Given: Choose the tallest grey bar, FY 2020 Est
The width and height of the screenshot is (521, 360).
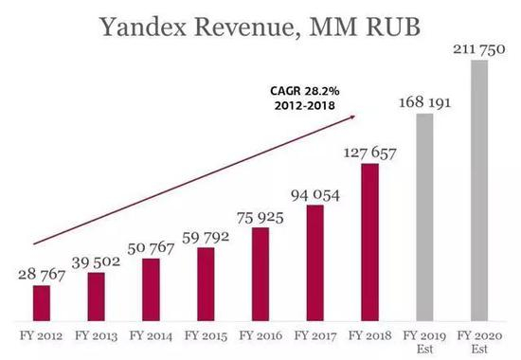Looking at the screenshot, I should (479, 189).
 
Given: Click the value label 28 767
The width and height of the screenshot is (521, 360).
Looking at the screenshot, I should (41, 273).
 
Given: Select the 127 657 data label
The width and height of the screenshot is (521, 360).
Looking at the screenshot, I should (369, 152).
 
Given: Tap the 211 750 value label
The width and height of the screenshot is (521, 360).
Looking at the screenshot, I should (477, 47).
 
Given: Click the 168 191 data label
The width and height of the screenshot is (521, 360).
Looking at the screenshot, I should (424, 100).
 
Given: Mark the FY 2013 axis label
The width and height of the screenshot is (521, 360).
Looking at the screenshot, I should (96, 334).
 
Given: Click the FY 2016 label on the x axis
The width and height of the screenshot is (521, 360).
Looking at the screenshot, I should (260, 334).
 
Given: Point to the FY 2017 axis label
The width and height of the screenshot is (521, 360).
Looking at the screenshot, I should (314, 334).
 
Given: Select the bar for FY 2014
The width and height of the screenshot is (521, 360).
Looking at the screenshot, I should (151, 288).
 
